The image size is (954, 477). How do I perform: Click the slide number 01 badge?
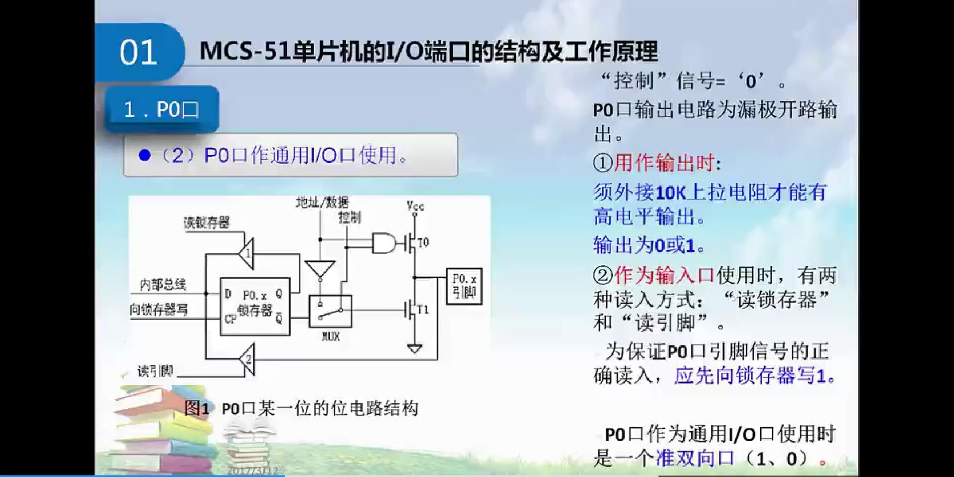click(139, 52)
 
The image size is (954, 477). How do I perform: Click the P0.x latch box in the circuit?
click(255, 306)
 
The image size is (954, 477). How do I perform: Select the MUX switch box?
click(330, 312)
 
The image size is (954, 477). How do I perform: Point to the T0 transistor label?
click(423, 243)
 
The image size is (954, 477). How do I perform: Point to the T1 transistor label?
click(423, 310)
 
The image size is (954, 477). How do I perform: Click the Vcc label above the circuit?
click(415, 206)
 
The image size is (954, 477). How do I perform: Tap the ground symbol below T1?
click(414, 349)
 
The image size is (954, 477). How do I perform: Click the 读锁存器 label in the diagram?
click(207, 223)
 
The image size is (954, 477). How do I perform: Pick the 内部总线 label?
click(163, 285)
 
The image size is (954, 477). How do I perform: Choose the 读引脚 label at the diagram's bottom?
click(155, 371)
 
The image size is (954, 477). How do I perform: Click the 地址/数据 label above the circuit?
click(322, 202)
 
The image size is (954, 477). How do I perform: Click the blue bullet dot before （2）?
click(145, 156)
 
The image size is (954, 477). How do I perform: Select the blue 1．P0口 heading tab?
click(161, 109)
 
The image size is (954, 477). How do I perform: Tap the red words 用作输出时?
click(664, 162)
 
